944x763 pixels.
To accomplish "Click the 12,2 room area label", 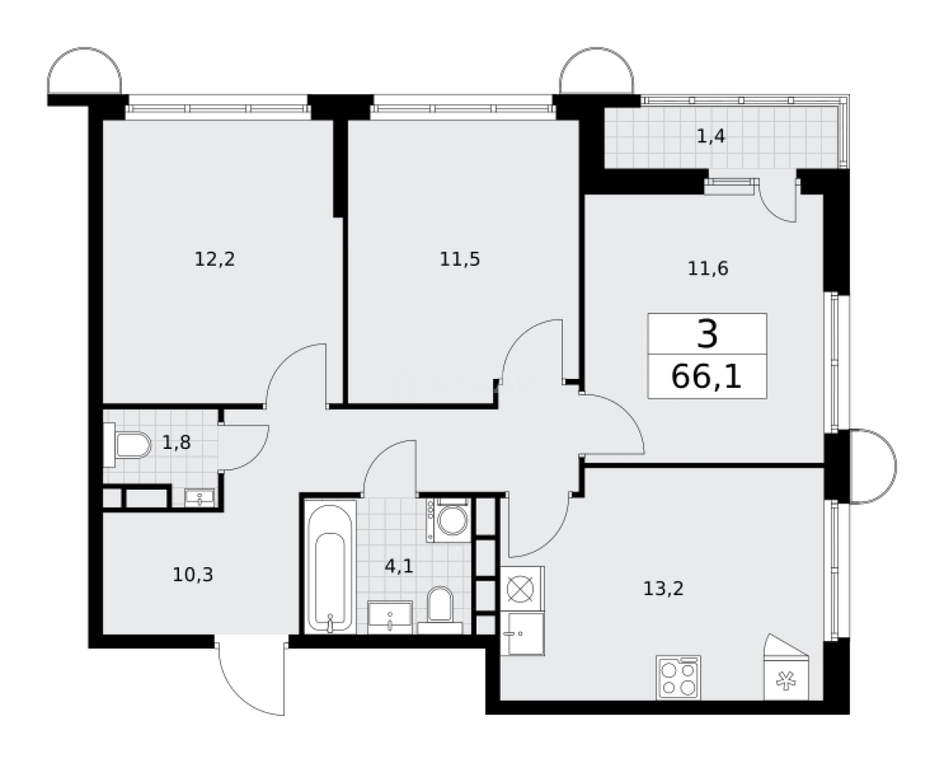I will (215, 260).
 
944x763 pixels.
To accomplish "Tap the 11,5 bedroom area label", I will (460, 260).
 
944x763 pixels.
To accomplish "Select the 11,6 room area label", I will (708, 268).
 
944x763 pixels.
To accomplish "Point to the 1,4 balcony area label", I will (711, 136).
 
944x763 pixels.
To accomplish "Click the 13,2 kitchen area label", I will (663, 588).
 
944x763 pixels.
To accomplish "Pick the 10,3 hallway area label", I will (193, 575).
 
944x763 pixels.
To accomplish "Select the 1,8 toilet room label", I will (176, 442).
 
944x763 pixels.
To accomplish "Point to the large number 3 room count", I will (707, 334).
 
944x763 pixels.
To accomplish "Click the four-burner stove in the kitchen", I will (678, 676).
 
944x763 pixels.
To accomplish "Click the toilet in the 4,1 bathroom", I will (437, 607).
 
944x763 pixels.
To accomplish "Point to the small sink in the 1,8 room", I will (199, 497).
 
